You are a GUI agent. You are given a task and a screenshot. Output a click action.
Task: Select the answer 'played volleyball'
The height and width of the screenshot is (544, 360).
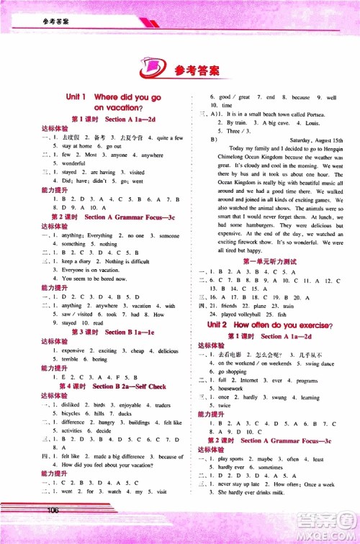249,314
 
